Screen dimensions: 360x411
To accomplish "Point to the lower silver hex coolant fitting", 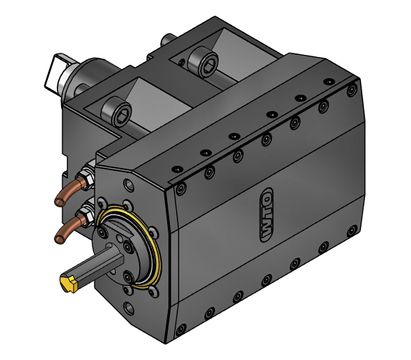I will pyautogui.click(x=87, y=217).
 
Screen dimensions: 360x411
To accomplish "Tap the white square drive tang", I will pyautogui.click(x=55, y=72).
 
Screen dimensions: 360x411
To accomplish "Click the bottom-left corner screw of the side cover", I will pyautogui.click(x=182, y=330).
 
